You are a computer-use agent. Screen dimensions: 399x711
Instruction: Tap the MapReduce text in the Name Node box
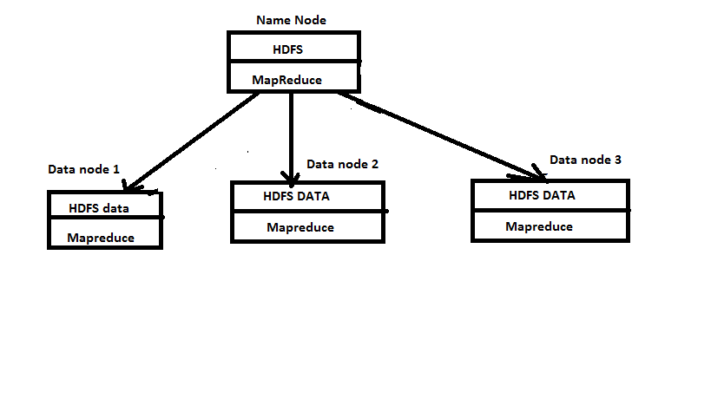(287, 80)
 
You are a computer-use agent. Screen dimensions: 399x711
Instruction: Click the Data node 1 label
(83, 169)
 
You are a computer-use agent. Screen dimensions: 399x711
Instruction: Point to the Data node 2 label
(342, 163)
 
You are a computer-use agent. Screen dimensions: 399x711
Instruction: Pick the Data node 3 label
(585, 160)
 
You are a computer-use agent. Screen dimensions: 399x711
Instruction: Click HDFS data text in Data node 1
(100, 208)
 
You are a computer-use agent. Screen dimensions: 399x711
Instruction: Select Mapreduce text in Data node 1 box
(101, 237)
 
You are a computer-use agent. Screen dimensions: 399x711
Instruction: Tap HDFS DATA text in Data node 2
(296, 196)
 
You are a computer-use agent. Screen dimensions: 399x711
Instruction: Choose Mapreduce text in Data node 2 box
(300, 227)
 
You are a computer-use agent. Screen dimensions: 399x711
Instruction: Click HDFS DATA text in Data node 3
(542, 195)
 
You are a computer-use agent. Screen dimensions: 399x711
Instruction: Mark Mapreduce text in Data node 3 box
(539, 226)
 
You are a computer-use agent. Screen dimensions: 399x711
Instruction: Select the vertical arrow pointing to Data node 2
(291, 130)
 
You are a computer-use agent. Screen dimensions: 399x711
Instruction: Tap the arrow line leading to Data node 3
(434, 130)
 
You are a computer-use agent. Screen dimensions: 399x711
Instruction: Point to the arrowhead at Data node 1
(132, 186)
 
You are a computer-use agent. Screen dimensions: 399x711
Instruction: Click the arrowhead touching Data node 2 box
(291, 174)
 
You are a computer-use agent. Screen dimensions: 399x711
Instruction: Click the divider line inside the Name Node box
(293, 62)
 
